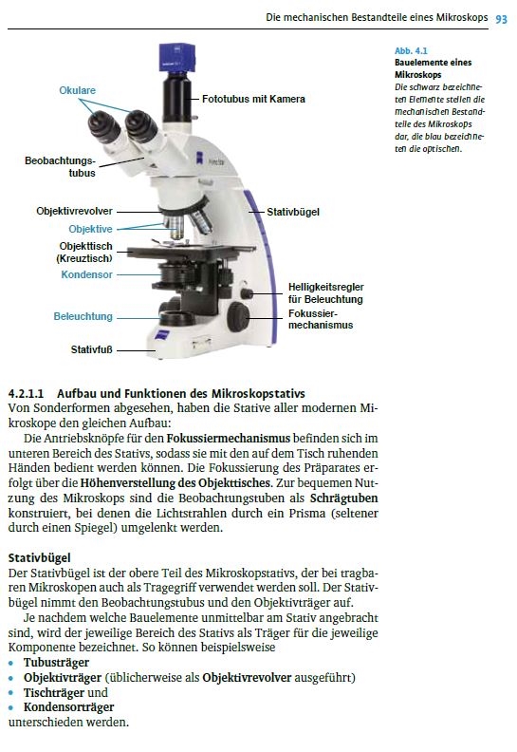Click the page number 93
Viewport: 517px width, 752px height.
501,19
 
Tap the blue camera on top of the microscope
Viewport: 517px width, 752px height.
177,58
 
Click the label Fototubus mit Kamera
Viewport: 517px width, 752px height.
253,99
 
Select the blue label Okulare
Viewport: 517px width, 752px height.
77,90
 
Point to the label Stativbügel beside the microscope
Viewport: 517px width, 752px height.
293,212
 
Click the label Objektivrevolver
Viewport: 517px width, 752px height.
74,211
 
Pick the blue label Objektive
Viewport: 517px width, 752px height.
90,229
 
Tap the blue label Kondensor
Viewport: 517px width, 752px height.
86,274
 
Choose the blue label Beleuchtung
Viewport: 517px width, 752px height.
83,316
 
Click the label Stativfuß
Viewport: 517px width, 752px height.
91,349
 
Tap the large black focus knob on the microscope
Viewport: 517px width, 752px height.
238,317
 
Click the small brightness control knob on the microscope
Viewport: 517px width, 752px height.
247,293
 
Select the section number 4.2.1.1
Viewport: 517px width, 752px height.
26,394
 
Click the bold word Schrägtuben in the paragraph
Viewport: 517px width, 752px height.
344,498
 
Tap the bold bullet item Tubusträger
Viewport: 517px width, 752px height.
56,663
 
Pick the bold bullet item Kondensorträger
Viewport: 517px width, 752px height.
68,707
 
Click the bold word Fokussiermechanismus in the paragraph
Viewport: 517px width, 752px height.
228,439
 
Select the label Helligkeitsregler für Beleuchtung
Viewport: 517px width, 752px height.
325,293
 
